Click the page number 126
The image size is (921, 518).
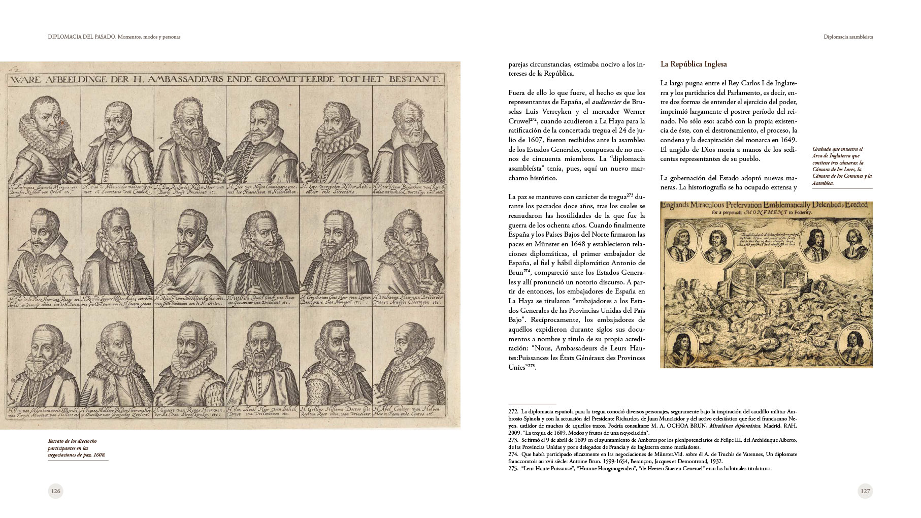point(55,491)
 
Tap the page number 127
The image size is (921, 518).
point(865,491)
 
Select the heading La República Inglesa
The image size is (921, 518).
point(693,64)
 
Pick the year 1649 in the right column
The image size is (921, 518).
point(787,140)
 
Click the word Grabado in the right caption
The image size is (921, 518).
point(824,149)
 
